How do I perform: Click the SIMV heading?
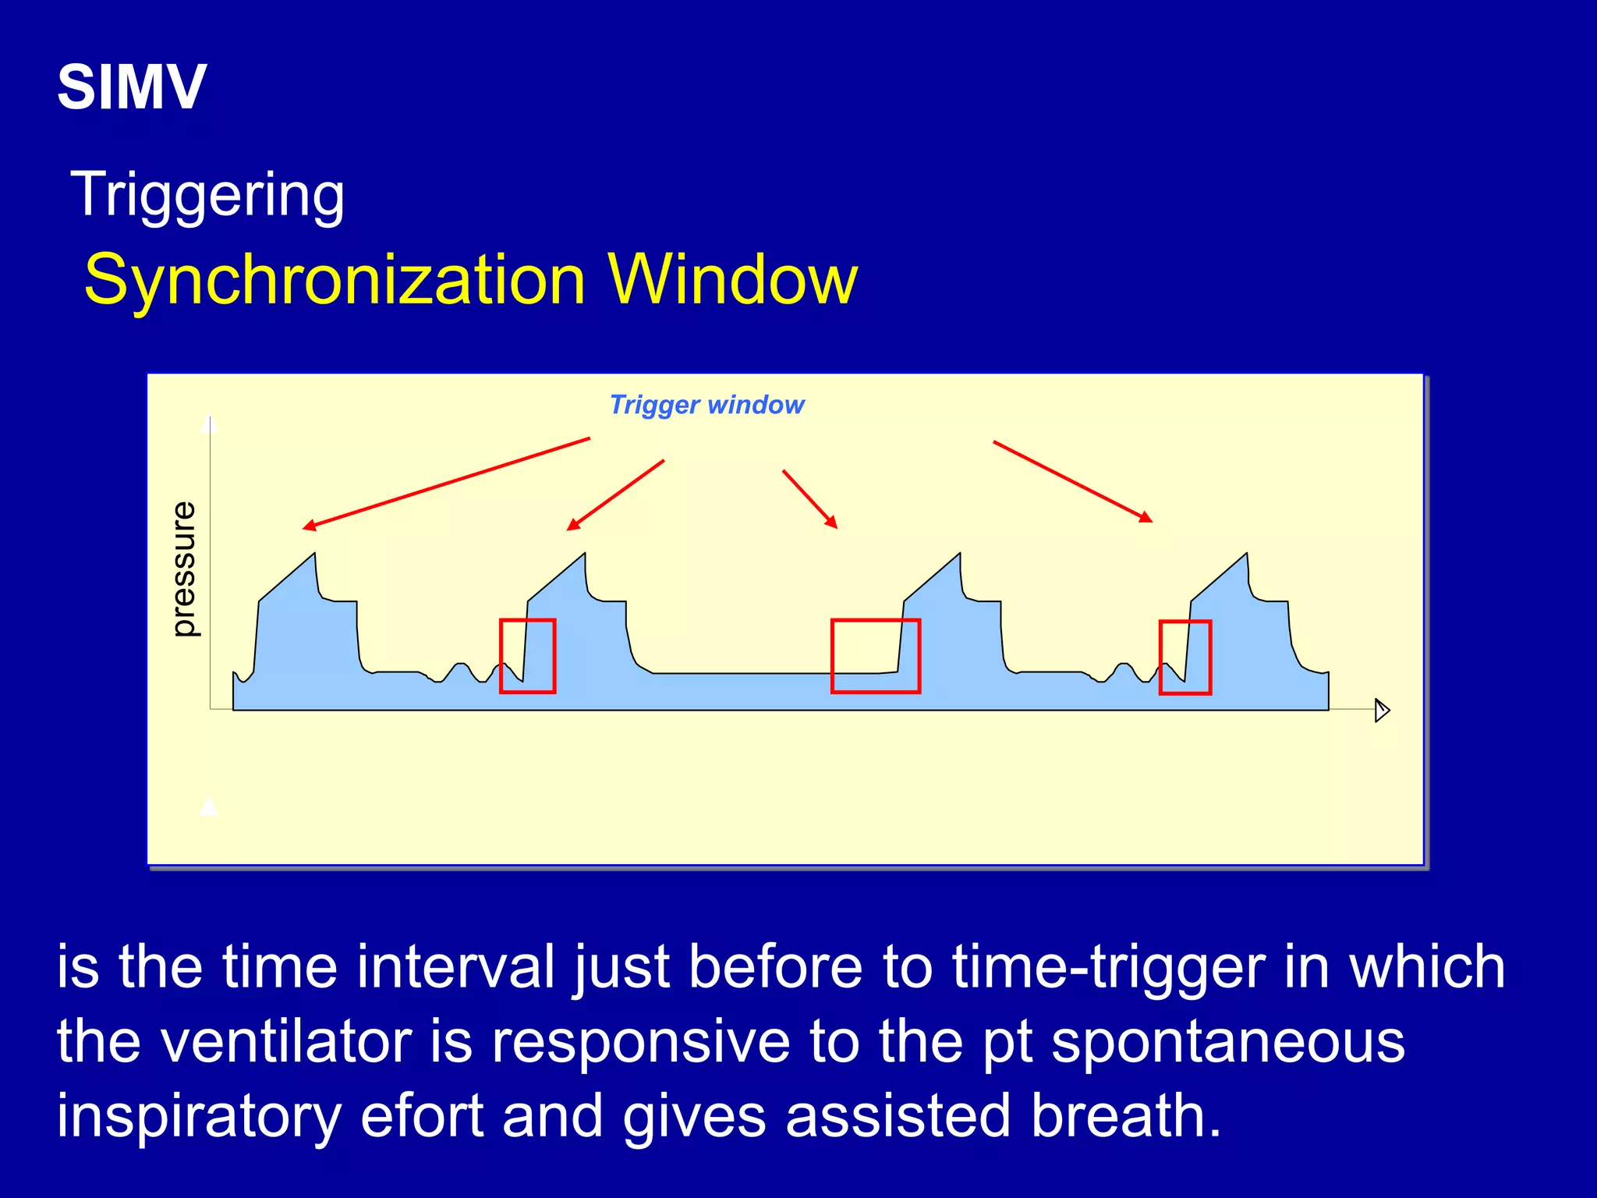pos(132,87)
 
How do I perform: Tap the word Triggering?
pos(207,195)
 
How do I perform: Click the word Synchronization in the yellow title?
pos(335,280)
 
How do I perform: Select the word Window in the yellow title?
pos(732,280)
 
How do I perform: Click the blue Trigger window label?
pos(706,405)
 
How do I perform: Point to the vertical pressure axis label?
pos(184,569)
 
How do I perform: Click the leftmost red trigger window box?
pos(527,656)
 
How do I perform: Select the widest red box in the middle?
pos(875,656)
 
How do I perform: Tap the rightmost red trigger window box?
pos(1184,657)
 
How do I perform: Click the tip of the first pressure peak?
pos(314,555)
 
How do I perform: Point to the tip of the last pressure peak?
pos(1246,555)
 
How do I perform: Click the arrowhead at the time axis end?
pos(1382,710)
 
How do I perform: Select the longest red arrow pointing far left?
pos(445,484)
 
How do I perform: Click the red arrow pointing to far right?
pos(1072,481)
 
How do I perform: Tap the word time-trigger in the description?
pos(1108,967)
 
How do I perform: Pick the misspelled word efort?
pos(422,1115)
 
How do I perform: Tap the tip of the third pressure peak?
pos(959,555)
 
